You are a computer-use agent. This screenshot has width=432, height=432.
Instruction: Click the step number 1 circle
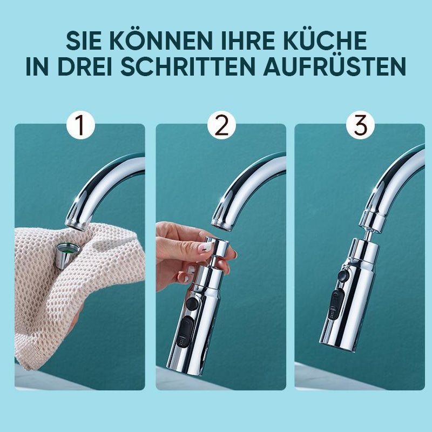pos(80,125)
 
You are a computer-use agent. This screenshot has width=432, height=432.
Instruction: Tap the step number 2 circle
pos(221,125)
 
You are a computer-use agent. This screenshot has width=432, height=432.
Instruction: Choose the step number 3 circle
pos(360,125)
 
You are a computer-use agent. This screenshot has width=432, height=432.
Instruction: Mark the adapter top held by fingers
pos(220,247)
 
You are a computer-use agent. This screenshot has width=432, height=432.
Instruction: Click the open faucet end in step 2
pos(222,224)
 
